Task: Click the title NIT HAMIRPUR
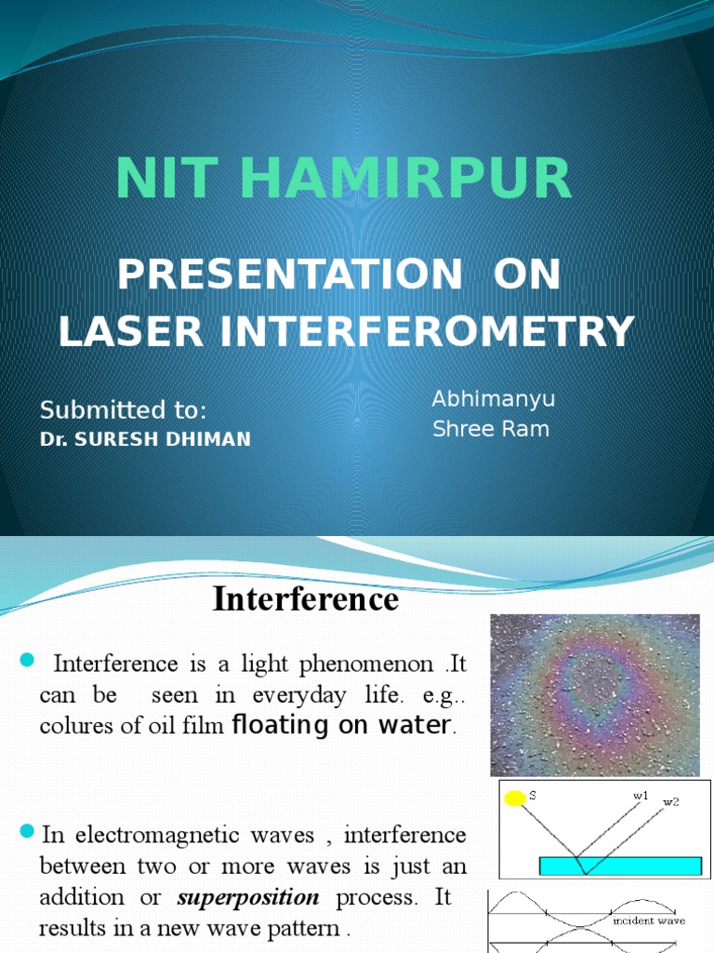[344, 179]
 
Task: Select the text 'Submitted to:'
[123, 410]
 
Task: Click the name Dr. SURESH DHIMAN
[145, 438]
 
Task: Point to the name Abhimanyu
[494, 399]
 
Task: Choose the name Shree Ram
[491, 429]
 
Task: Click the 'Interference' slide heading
[305, 598]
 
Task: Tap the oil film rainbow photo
[595, 694]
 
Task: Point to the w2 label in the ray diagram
[670, 802]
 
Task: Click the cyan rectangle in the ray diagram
[620, 866]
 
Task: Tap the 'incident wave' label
[649, 920]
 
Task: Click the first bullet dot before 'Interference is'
[26, 661]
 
